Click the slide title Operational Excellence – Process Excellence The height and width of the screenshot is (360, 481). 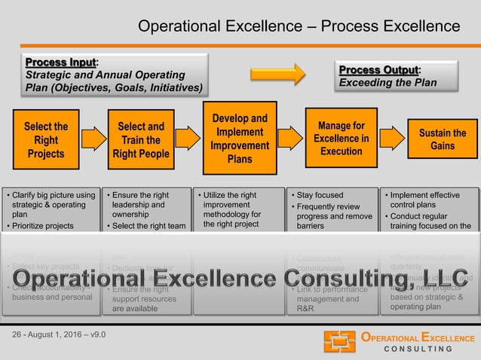coord(299,27)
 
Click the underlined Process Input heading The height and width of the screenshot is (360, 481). coord(63,61)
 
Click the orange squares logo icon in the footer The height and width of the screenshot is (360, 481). coord(340,341)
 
